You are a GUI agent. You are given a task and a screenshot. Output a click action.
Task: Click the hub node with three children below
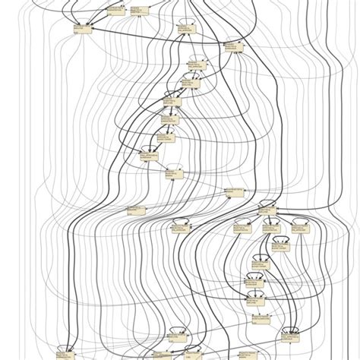pos(267,207)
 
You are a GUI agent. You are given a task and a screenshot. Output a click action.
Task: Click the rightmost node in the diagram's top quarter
pos(231,47)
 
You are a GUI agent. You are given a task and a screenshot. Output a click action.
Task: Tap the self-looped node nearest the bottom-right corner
pos(289,332)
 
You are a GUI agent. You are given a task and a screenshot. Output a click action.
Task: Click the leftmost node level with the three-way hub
pos(134,207)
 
